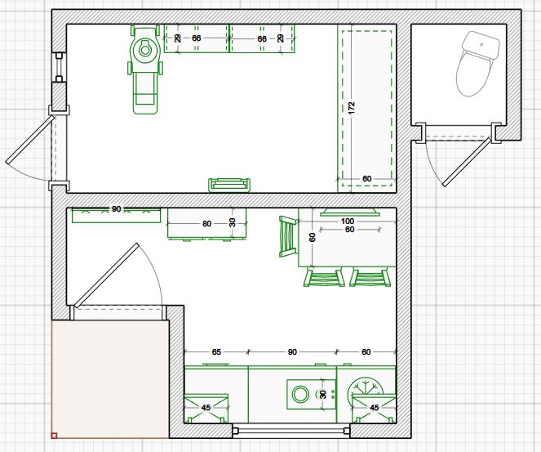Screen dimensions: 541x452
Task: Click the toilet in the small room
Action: point(477,63)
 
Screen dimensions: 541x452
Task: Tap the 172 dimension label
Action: point(352,108)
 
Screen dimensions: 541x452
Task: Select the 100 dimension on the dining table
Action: point(348,222)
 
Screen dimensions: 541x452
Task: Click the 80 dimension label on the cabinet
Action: point(206,224)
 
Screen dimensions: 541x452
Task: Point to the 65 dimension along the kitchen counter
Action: point(216,352)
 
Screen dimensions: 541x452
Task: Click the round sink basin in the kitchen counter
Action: point(300,394)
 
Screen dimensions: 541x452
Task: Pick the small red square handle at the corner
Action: point(54,436)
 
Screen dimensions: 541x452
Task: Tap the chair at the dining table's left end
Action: point(288,237)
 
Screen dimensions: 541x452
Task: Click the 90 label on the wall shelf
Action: point(116,209)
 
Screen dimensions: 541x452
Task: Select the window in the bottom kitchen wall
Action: point(290,431)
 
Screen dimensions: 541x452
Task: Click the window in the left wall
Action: point(59,67)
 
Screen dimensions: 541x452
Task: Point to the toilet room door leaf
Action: point(467,162)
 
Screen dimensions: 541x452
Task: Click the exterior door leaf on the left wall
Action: point(30,140)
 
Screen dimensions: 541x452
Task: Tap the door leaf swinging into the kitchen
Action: point(107,275)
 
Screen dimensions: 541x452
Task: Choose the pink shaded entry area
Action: point(110,379)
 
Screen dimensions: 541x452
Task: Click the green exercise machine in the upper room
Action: point(145,69)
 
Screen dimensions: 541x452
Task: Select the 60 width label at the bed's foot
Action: point(366,179)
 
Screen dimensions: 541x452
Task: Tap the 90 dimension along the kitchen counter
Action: point(292,352)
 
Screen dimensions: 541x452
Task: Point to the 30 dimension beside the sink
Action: point(322,395)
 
